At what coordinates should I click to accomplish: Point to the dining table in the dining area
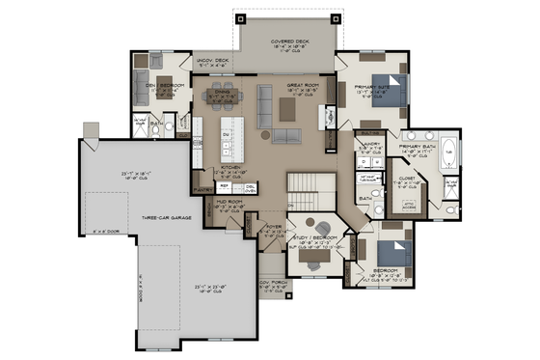click(x=224, y=97)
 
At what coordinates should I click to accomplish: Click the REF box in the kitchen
click(x=223, y=185)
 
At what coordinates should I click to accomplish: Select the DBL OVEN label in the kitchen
click(x=250, y=186)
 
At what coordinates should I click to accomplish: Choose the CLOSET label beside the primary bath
click(x=406, y=179)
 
